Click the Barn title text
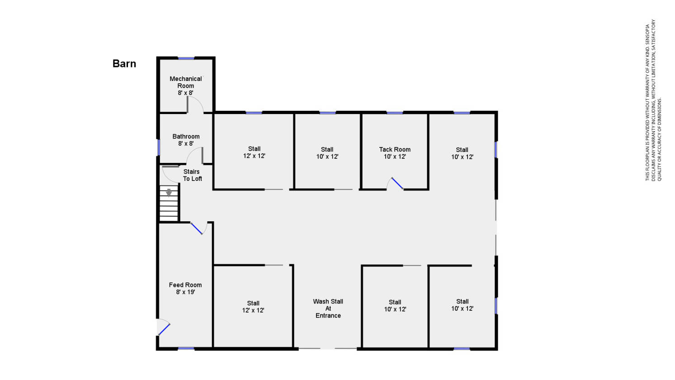pyautogui.click(x=124, y=64)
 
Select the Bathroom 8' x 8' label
pyautogui.click(x=186, y=140)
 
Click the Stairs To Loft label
pyautogui.click(x=192, y=175)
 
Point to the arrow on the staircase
pyautogui.click(x=169, y=192)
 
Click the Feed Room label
pyautogui.click(x=185, y=285)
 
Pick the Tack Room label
pyautogui.click(x=395, y=150)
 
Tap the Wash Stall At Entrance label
pyautogui.click(x=328, y=309)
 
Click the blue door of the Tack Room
pyautogui.click(x=397, y=183)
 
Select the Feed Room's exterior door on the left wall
pyautogui.click(x=164, y=329)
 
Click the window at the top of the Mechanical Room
pyautogui.click(x=186, y=58)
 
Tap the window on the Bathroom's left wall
pyautogui.click(x=159, y=147)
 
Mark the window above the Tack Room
pyautogui.click(x=395, y=113)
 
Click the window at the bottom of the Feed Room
pyautogui.click(x=186, y=349)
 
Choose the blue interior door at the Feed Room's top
pyautogui.click(x=197, y=228)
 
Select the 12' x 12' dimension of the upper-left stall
pyautogui.click(x=254, y=156)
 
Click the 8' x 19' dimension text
pyautogui.click(x=185, y=292)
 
